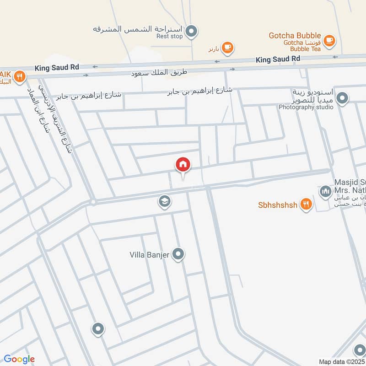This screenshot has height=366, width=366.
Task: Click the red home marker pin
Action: (x=183, y=165)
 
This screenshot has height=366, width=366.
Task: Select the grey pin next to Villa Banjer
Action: (x=179, y=255)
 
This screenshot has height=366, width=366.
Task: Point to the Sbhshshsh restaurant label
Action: (x=278, y=205)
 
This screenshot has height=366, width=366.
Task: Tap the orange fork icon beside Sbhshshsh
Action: (x=306, y=205)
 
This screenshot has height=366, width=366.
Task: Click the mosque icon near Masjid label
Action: (x=325, y=191)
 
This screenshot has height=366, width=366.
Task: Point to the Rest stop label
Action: (x=170, y=36)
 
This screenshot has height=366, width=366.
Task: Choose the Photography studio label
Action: (x=303, y=107)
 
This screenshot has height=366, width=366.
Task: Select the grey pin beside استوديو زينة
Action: (x=342, y=97)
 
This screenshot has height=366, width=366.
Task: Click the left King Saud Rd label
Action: (x=57, y=67)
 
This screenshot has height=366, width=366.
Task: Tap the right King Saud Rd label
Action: (x=278, y=59)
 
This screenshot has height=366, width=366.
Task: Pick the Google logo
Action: (x=19, y=359)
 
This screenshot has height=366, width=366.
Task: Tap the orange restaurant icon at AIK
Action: (x=19, y=76)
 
